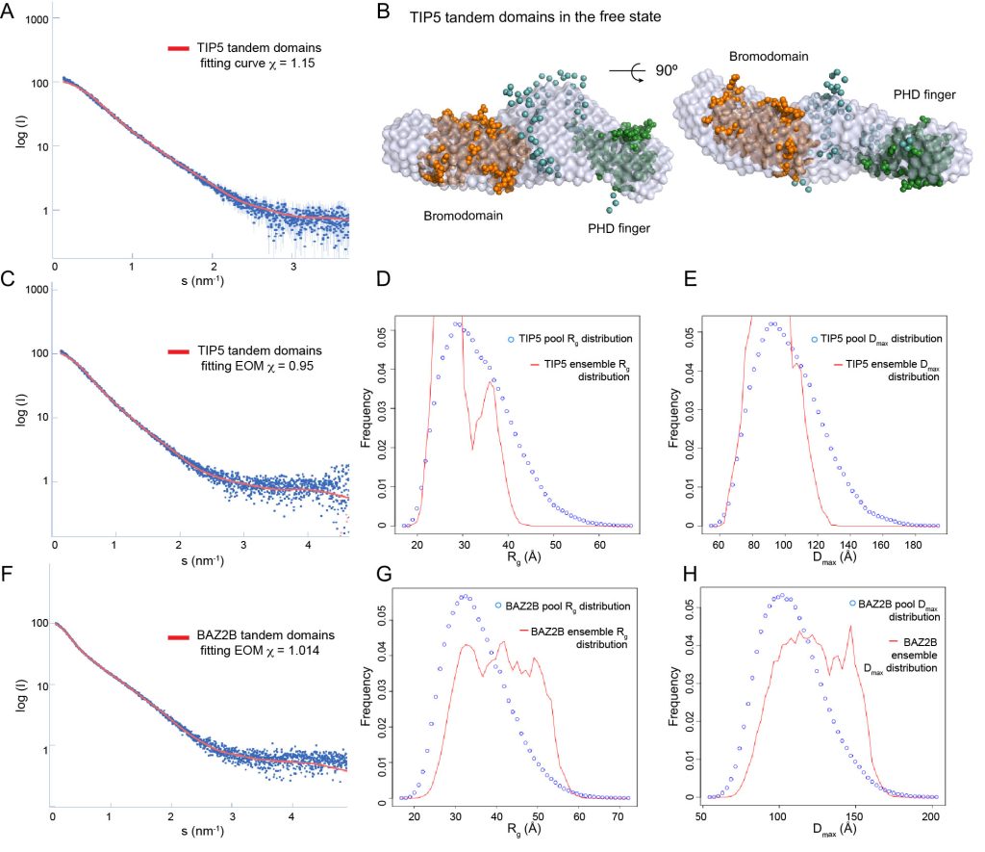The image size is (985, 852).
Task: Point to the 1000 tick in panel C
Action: pos(38,290)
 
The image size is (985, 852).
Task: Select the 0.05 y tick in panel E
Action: pos(686,330)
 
